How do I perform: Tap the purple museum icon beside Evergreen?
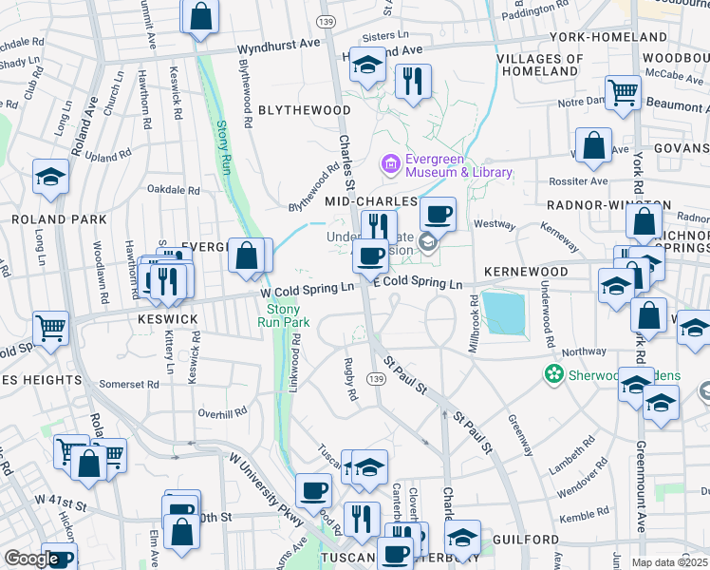(x=389, y=165)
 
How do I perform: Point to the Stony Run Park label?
(x=284, y=315)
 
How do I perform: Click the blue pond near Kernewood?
(x=505, y=313)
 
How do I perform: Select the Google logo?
(x=31, y=559)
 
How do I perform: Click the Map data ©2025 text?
(x=669, y=562)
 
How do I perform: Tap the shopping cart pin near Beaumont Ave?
(x=624, y=92)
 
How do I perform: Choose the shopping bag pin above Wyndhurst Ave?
(x=201, y=16)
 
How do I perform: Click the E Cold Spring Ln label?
(x=417, y=284)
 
